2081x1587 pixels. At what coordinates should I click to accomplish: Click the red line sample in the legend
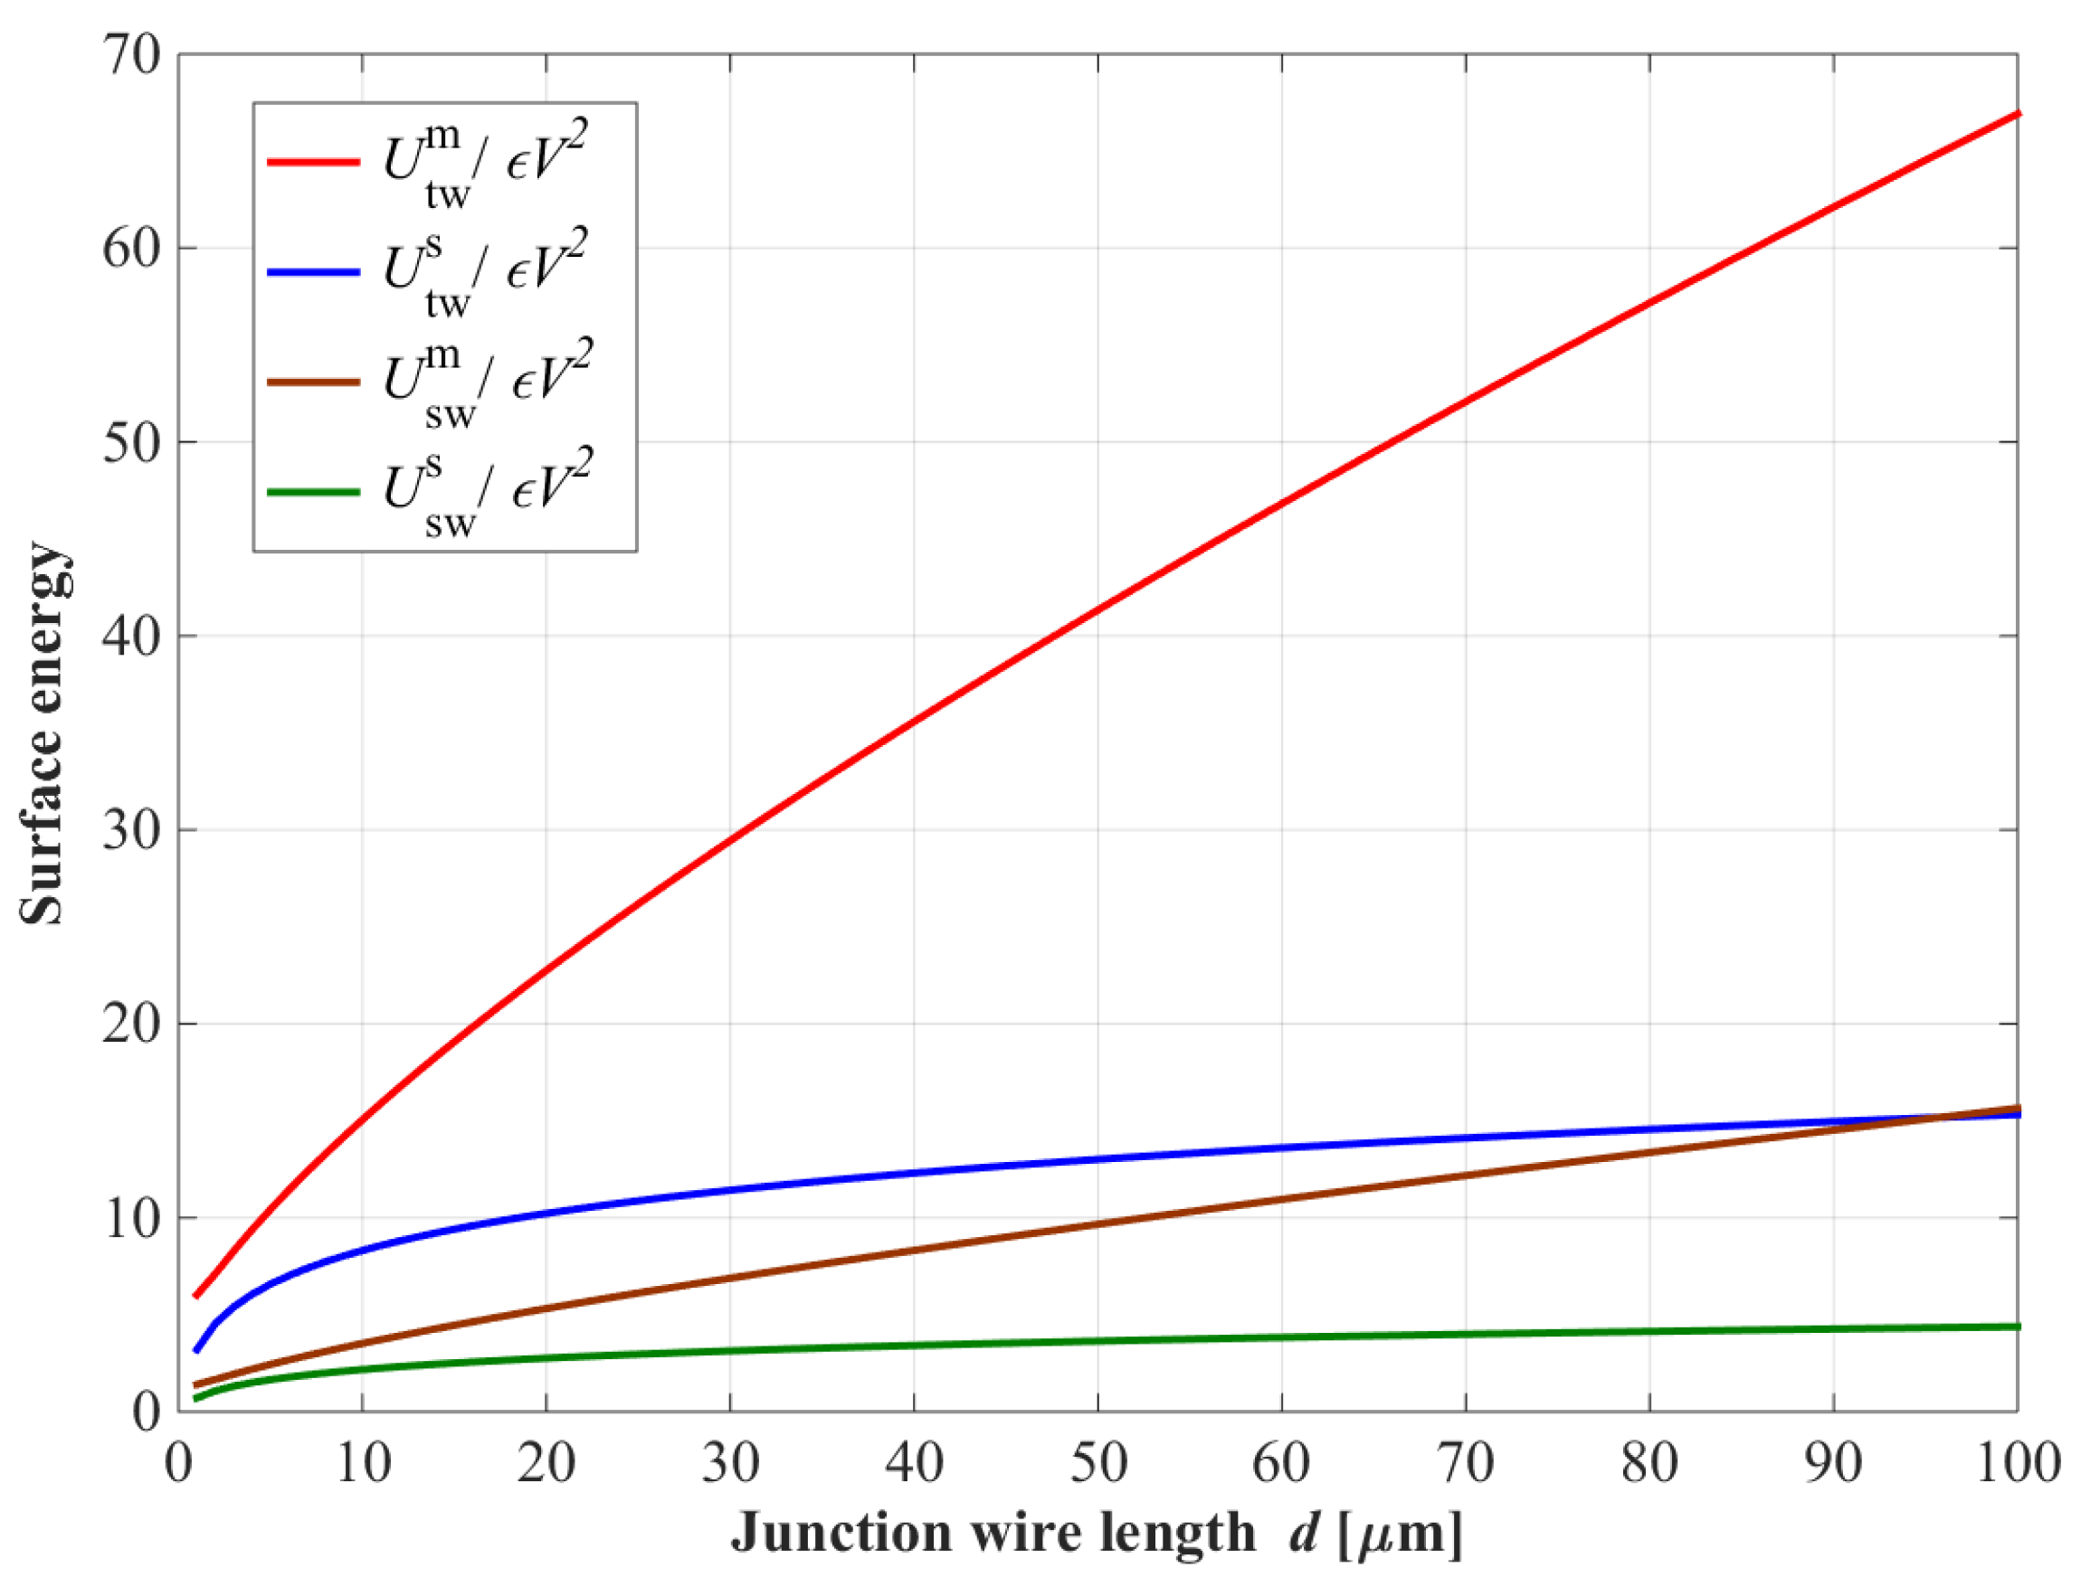tap(313, 163)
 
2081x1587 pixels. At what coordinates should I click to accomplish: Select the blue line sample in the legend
tap(313, 272)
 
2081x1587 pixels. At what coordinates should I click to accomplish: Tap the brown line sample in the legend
tap(313, 383)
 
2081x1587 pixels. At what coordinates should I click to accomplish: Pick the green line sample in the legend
tap(313, 492)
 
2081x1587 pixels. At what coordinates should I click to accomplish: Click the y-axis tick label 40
tap(131, 636)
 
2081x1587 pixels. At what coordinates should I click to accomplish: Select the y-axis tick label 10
tap(131, 1218)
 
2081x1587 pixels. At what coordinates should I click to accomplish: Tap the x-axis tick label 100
tap(2017, 1463)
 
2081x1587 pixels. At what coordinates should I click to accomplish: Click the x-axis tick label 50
tap(1098, 1463)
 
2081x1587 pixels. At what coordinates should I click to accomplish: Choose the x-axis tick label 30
tap(730, 1463)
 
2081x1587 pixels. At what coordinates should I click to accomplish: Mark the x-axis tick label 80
tap(1649, 1463)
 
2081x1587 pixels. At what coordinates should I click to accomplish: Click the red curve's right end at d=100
tap(2016, 113)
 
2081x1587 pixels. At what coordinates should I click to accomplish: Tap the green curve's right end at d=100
tap(2016, 1327)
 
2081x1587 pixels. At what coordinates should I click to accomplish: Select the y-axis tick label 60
tap(131, 249)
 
